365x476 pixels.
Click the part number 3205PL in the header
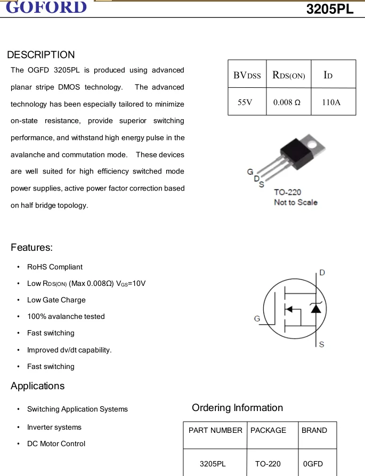(330, 9)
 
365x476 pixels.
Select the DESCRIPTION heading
(41, 55)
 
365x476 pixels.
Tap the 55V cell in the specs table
(245, 102)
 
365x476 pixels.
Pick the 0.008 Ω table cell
(287, 102)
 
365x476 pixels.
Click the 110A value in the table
(331, 102)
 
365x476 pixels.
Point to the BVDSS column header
(247, 75)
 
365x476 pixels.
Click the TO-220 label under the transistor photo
(287, 192)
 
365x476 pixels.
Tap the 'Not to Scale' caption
(295, 202)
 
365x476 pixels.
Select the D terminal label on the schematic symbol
(322, 273)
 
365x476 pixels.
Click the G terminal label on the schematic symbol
(257, 318)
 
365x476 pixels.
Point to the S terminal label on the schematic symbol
(321, 344)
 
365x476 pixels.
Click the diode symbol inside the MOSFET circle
(316, 308)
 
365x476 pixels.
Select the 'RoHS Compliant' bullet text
(55, 267)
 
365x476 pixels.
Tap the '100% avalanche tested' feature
(66, 316)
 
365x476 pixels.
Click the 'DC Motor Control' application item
(56, 444)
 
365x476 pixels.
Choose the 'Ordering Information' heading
(237, 408)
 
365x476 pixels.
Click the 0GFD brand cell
(313, 464)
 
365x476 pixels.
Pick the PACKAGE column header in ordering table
(268, 430)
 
